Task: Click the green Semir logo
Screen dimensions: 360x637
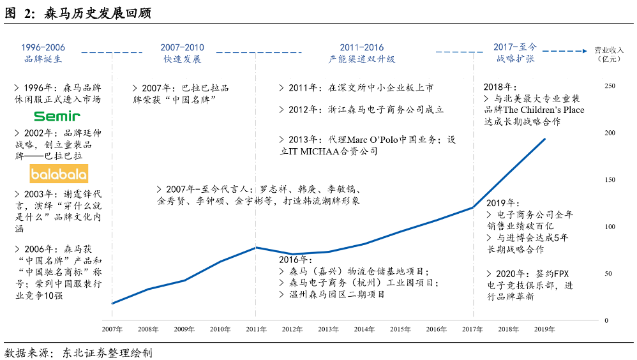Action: click(57, 116)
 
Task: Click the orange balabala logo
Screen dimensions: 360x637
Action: click(59, 174)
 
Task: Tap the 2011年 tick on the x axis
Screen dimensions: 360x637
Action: click(256, 329)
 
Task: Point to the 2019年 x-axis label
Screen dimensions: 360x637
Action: click(544, 329)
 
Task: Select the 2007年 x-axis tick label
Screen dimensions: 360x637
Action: click(112, 329)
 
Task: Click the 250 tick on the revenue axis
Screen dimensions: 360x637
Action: click(610, 86)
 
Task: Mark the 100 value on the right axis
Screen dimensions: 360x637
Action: click(610, 227)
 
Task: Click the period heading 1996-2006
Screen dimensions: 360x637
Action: click(43, 48)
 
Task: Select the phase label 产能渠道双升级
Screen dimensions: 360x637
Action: click(362, 59)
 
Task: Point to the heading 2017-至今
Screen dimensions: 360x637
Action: click(515, 48)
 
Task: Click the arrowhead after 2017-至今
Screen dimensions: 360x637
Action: click(581, 50)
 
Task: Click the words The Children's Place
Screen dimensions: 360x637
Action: click(547, 110)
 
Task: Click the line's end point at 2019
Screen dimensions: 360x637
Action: click(544, 139)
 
